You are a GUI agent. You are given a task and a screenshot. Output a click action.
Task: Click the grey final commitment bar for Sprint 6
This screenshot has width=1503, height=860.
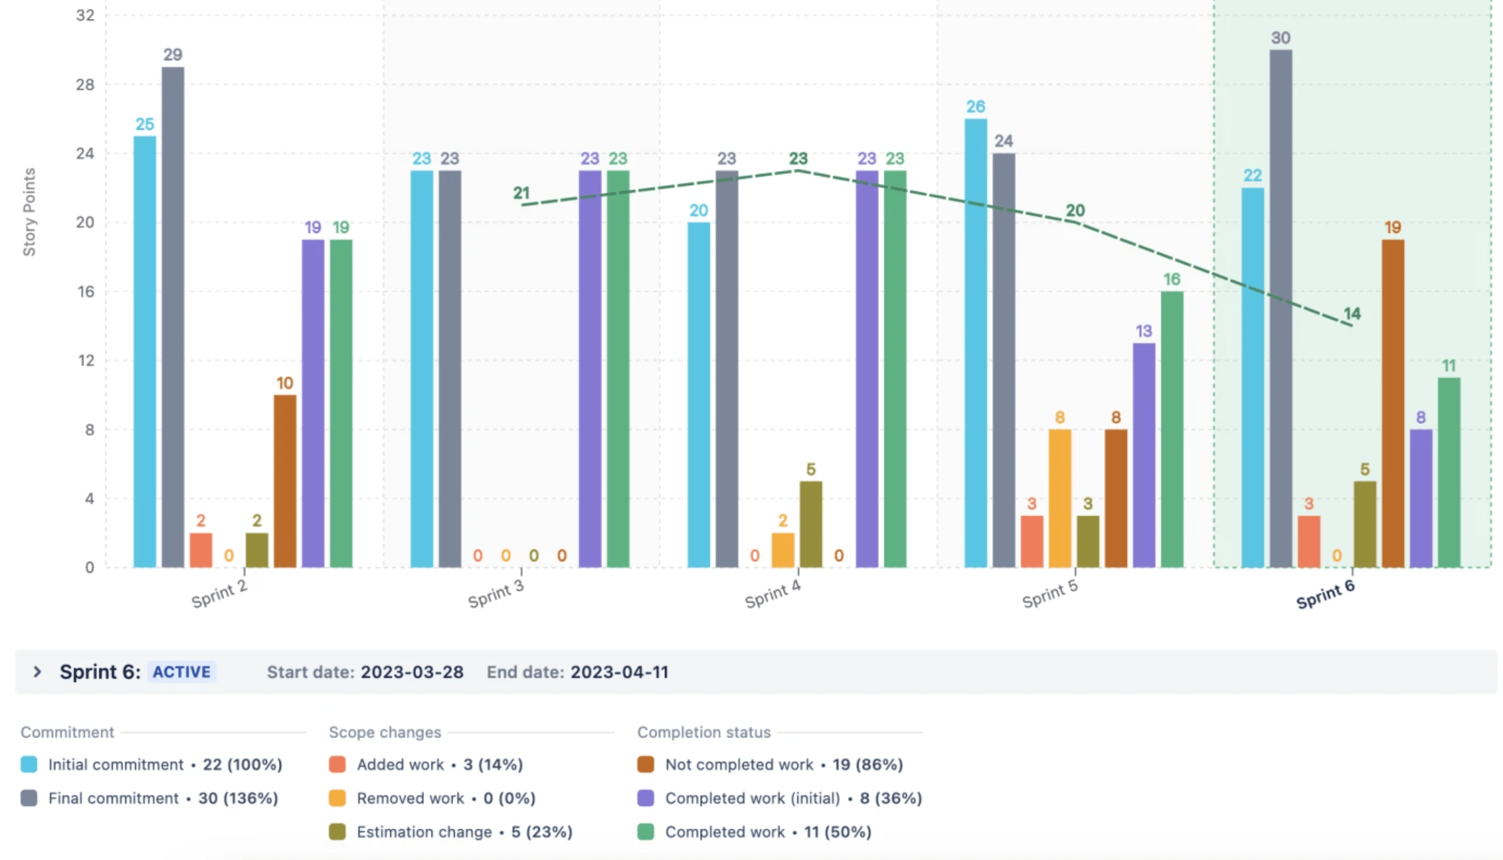pos(1280,307)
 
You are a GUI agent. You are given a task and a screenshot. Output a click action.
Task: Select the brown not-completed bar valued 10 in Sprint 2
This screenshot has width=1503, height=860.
pos(284,481)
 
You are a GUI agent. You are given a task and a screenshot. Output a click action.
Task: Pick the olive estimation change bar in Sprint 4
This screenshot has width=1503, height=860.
pos(811,524)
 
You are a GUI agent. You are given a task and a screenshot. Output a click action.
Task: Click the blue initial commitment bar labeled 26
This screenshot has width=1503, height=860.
pos(975,342)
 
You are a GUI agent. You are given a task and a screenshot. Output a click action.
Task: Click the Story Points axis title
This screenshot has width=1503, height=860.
pos(29,212)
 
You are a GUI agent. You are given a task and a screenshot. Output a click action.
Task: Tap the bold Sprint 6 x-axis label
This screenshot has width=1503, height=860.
pos(1325,593)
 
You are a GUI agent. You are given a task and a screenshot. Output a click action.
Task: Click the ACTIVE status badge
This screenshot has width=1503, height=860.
pos(181,671)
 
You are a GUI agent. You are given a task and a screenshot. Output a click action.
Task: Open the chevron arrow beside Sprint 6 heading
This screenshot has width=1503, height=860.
pos(37,671)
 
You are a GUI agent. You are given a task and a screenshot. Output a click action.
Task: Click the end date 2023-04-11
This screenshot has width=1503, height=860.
pos(619,671)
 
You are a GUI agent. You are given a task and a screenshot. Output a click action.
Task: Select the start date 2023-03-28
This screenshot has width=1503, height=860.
pos(411,671)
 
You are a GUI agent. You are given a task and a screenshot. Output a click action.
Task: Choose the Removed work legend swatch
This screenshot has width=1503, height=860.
pos(337,798)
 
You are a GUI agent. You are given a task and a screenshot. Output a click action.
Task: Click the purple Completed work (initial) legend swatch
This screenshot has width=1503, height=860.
pos(645,798)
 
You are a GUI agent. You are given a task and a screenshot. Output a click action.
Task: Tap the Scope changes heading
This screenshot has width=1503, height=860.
pos(385,732)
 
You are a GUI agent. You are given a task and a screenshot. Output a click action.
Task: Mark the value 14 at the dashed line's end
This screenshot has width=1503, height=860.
pos(1352,313)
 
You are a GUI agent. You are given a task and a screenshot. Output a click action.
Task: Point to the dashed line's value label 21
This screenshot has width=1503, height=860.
pos(521,192)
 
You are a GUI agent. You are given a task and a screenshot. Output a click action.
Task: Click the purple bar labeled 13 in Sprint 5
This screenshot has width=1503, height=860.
pos(1143,455)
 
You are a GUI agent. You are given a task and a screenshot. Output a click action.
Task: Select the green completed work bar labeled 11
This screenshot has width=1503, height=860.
pos(1448,472)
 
